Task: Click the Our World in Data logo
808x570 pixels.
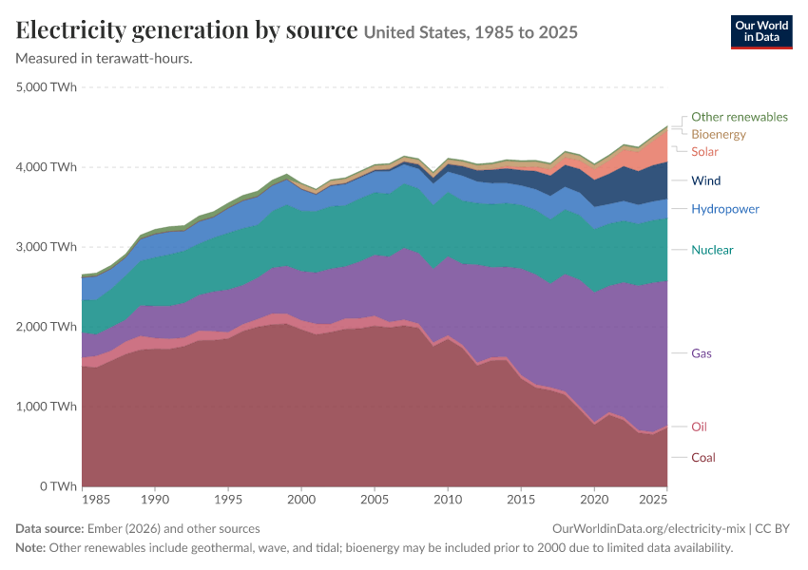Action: tap(761, 32)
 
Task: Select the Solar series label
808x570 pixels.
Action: tap(704, 152)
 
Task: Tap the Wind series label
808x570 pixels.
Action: tap(706, 180)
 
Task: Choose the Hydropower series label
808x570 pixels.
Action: tap(725, 209)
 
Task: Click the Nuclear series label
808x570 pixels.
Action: tap(712, 250)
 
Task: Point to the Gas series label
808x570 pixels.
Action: tap(702, 353)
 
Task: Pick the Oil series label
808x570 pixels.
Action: tap(699, 427)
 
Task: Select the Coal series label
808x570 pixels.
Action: tap(703, 458)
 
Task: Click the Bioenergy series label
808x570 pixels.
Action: tap(719, 134)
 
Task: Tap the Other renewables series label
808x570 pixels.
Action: tap(740, 117)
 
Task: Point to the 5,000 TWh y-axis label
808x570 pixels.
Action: tap(47, 87)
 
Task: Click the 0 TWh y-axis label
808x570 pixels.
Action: tap(58, 486)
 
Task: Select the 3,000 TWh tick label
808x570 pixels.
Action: tap(47, 247)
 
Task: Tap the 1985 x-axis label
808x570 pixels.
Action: tap(96, 500)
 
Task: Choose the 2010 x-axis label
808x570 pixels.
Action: tap(448, 500)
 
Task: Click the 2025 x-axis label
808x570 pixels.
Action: tap(653, 500)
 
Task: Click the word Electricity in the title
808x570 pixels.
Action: tap(70, 29)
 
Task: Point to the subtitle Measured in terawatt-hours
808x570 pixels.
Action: tap(105, 59)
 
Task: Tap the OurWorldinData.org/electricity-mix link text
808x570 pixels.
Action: tap(648, 529)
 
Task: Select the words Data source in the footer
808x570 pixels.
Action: tap(49, 529)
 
